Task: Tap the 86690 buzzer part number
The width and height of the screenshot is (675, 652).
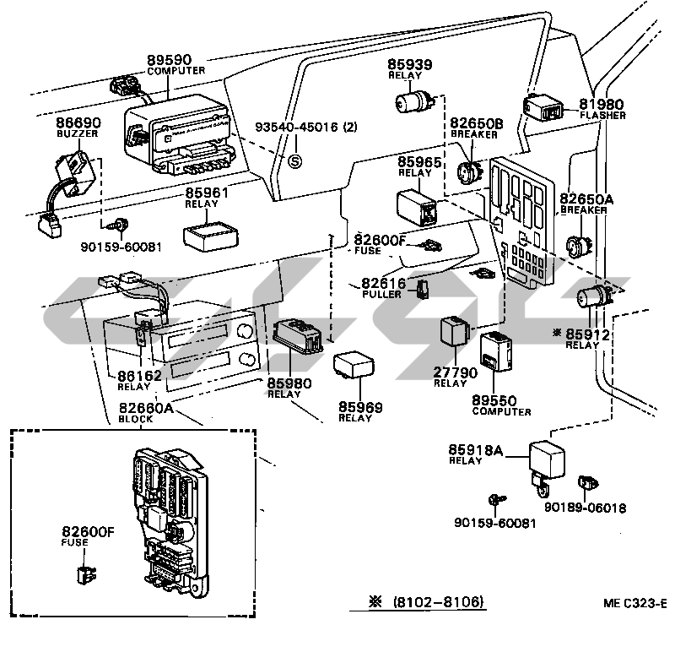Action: [x=78, y=122]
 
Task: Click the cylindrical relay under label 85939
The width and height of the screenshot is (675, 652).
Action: [x=413, y=104]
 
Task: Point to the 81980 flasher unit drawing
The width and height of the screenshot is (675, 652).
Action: [x=542, y=109]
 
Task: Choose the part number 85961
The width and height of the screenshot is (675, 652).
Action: [x=208, y=193]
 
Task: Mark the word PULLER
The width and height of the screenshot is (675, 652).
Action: [x=381, y=295]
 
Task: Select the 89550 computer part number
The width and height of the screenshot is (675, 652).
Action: [x=494, y=400]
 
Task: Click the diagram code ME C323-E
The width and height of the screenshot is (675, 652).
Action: [x=634, y=603]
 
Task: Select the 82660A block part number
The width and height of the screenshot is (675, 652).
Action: [x=145, y=408]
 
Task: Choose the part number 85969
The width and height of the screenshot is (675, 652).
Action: [x=360, y=408]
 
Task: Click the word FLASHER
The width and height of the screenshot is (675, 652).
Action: [x=602, y=115]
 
